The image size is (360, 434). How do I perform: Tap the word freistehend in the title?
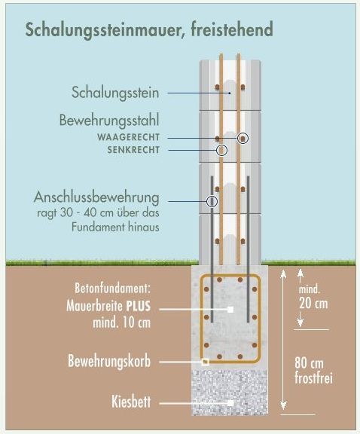tap(232, 29)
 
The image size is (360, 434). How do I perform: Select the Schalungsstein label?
tap(115, 93)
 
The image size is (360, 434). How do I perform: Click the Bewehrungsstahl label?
tap(109, 121)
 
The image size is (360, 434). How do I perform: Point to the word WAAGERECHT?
tap(128, 137)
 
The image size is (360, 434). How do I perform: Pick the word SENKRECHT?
tap(133, 150)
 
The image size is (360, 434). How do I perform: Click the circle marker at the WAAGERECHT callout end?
tap(243, 138)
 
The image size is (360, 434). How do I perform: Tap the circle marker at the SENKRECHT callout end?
tap(221, 150)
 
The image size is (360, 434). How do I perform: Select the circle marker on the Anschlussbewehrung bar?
tap(212, 201)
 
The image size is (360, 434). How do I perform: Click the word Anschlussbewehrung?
tap(96, 197)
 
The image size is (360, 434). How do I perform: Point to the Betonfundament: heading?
tap(113, 288)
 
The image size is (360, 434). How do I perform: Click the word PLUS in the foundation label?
tap(139, 306)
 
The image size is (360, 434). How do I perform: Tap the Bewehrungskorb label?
tap(109, 362)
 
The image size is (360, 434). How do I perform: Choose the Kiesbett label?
tap(131, 402)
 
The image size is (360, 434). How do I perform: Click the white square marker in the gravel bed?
tap(230, 403)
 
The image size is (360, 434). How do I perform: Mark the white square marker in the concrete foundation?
tap(230, 310)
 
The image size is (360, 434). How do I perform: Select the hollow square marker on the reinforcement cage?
tap(205, 362)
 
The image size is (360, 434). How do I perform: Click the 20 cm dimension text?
tap(313, 304)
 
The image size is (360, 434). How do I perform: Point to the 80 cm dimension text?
tap(309, 362)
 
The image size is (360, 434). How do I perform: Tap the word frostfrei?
tap(313, 377)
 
